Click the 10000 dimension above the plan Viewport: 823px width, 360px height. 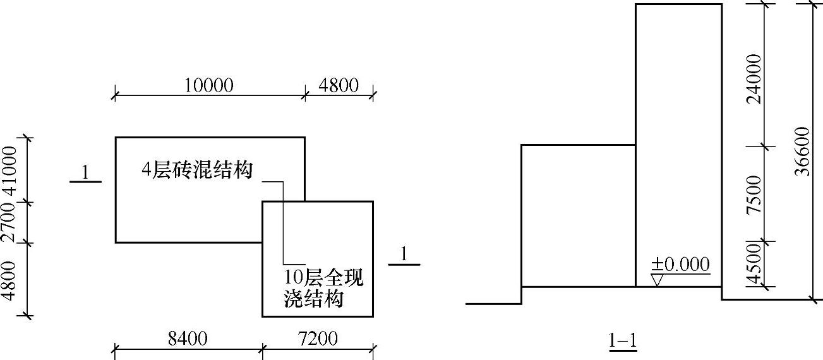[x=209, y=85]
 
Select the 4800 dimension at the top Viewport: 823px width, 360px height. [x=338, y=85]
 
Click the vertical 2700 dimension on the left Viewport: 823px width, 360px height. [x=9, y=221]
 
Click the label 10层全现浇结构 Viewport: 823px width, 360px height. [x=324, y=287]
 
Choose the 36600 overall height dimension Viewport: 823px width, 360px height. [x=802, y=152]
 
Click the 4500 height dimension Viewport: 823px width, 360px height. [x=753, y=266]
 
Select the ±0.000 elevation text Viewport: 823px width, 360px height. [x=680, y=265]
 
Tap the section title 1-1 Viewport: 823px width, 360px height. [x=622, y=342]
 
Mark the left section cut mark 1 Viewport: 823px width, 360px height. [x=85, y=172]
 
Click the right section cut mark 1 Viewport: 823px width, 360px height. [x=404, y=254]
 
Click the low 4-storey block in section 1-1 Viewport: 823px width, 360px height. [x=577, y=215]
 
